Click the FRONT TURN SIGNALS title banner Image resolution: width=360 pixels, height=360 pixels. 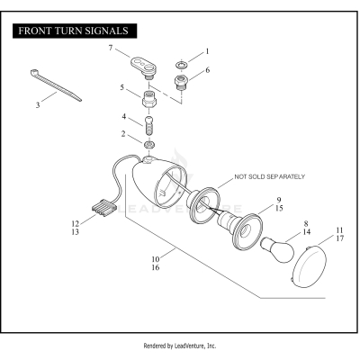(75, 31)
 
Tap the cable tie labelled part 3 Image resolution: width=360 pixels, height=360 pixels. (56, 85)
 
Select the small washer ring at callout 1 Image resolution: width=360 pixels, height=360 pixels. (181, 65)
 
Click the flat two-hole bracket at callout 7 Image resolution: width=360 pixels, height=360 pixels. (143, 67)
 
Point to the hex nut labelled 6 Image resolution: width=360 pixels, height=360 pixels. (181, 82)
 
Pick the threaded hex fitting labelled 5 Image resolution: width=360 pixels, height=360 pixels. (149, 99)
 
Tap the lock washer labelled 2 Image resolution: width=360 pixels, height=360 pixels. (149, 145)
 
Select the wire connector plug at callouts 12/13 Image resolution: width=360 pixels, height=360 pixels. (103, 208)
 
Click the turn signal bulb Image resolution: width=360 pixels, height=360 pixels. (277, 249)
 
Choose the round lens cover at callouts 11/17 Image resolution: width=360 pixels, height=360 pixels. (309, 267)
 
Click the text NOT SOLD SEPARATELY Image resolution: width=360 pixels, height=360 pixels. (269, 176)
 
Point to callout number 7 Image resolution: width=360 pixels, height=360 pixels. (111, 48)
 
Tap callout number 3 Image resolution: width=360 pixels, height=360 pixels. (38, 105)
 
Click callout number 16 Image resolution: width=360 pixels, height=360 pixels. (156, 267)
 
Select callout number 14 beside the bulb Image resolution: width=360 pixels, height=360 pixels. (307, 232)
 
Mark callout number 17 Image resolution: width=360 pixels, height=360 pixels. (340, 238)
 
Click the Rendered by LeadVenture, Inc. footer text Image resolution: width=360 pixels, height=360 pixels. (180, 346)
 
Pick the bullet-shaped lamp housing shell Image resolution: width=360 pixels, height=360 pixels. (159, 182)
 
